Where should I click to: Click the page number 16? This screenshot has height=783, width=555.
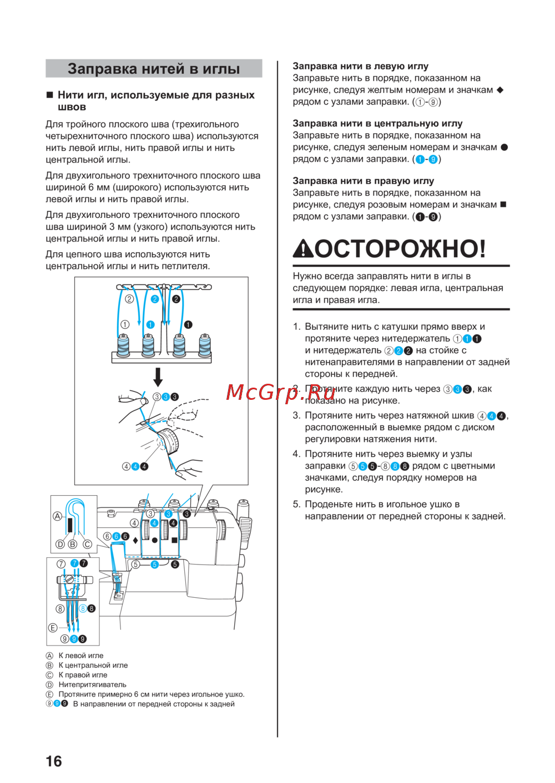click(54, 761)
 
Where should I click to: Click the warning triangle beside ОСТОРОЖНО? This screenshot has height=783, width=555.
click(303, 249)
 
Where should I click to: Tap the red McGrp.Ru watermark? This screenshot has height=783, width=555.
click(281, 392)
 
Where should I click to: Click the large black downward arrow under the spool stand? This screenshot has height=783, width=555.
click(158, 377)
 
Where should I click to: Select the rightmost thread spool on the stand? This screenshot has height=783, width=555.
click(205, 346)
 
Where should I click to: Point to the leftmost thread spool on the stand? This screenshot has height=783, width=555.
click(123, 346)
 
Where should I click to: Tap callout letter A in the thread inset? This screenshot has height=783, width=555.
click(57, 516)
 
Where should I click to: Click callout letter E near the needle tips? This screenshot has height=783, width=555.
click(53, 628)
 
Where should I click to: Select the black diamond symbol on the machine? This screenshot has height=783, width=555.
click(135, 540)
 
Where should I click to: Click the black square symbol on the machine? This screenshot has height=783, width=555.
click(174, 540)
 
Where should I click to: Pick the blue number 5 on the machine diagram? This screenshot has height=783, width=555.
click(155, 565)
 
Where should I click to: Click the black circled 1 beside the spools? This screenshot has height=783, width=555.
click(188, 324)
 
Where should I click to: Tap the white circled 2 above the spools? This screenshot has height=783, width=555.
click(129, 299)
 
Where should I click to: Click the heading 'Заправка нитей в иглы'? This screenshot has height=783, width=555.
click(154, 69)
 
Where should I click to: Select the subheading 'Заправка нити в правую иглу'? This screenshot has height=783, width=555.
click(363, 181)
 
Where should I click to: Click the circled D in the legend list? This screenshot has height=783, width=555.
click(49, 685)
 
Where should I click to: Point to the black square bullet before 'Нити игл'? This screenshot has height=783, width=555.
click(49, 95)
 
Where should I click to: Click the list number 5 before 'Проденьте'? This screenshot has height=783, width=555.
click(296, 504)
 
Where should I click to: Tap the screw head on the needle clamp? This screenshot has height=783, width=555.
click(69, 579)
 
